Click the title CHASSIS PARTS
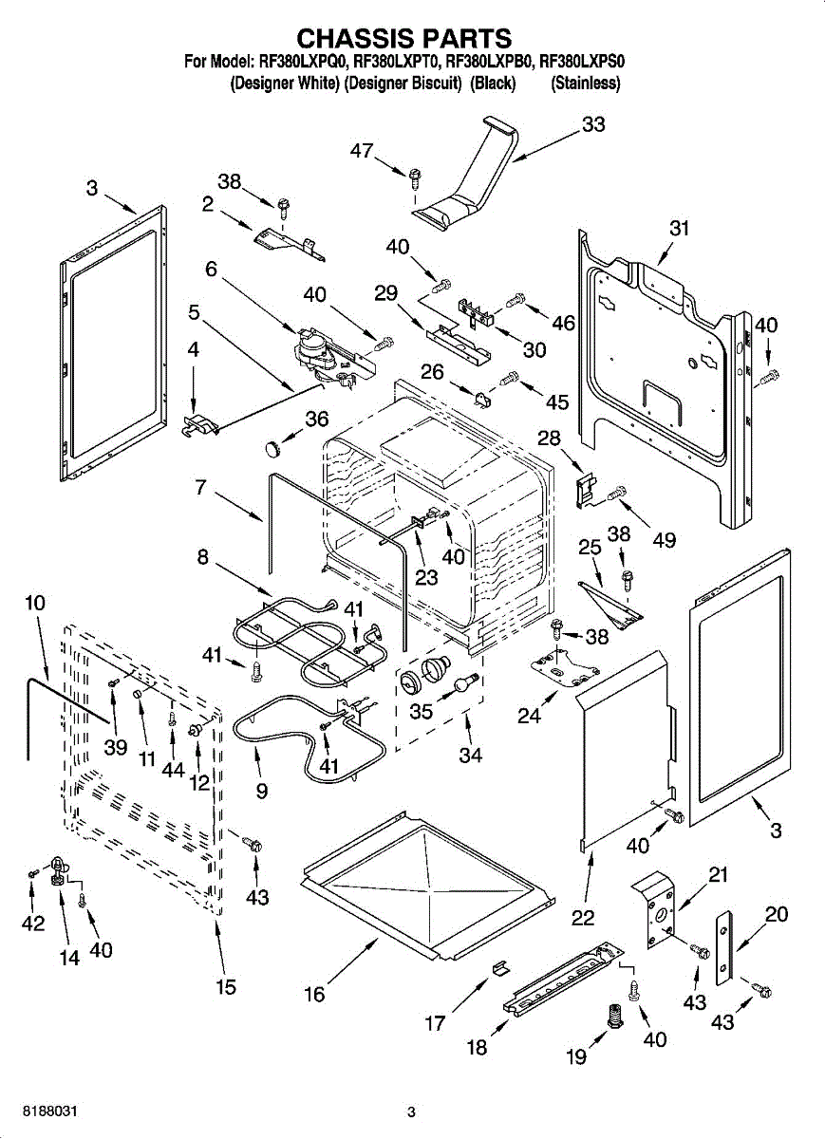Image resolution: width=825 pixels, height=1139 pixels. pos(404,39)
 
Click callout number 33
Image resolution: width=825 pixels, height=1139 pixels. pos(593,124)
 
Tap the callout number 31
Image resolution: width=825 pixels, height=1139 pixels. pos(679,228)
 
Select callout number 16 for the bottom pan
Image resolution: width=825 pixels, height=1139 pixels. pos(314,994)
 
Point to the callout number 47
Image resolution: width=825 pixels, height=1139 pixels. pos(362,150)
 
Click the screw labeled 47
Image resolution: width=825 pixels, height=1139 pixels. pos(415,177)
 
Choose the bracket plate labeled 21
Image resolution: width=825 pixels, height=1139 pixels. pos(654,911)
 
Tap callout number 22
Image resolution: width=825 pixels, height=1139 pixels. pos(583,917)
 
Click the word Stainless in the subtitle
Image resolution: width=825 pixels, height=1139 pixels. pos(585,84)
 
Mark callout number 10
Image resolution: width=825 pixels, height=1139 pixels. pos(35,602)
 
